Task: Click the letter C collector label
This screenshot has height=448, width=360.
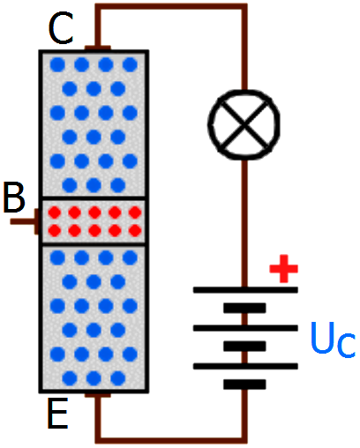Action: coord(61,28)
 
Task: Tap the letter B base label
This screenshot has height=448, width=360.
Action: coord(14,197)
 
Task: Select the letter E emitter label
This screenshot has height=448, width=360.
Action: coord(57,413)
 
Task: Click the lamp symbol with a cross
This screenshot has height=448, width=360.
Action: coord(244,124)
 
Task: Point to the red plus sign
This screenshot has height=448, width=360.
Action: coord(284,269)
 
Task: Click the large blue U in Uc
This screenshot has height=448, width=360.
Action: coord(323,338)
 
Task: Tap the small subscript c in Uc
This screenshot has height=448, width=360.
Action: coord(346,345)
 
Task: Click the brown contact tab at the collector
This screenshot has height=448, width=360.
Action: coord(98,49)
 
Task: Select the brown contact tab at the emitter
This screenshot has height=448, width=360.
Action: coord(98,395)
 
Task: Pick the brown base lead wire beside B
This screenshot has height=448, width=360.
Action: coord(24,221)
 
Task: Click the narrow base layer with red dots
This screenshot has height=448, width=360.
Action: coord(94,221)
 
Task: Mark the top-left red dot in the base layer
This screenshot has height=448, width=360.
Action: coord(55,213)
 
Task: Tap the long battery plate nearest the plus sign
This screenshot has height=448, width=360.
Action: coord(245,290)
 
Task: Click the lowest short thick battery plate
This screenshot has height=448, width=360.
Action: coord(244,385)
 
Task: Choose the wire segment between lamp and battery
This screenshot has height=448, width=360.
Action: coord(244,223)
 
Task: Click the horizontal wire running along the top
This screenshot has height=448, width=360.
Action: coord(171,6)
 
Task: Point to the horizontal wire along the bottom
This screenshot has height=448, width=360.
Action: coord(171,440)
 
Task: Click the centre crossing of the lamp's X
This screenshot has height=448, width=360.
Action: coord(244,124)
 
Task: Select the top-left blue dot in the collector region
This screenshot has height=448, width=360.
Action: coord(57,64)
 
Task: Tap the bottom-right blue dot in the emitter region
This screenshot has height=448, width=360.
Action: coord(118,378)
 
